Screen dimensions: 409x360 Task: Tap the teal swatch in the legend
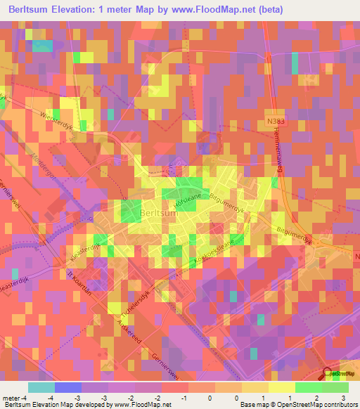pyautogui.click(x=41, y=387)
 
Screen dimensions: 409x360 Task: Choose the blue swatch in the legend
pyautogui.click(x=68, y=387)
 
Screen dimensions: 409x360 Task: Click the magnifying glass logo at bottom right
pyautogui.click(x=329, y=375)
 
